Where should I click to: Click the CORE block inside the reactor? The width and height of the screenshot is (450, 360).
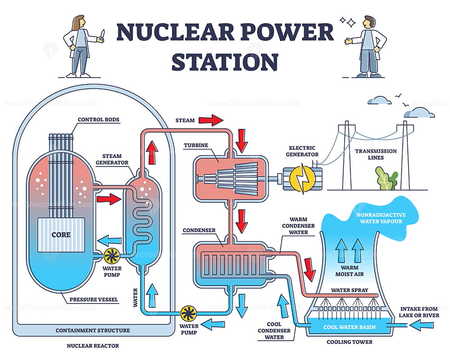pos(59,235)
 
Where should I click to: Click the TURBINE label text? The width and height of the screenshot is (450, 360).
pos(196,145)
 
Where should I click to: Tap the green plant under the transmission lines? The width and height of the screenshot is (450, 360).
pos(386,179)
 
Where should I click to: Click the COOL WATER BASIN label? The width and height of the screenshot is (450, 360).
pos(349,327)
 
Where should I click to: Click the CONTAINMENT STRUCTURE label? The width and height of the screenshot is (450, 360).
pos(93,330)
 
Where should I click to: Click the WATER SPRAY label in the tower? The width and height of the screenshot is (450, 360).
pos(346,290)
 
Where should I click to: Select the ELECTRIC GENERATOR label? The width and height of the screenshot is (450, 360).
pos(302,151)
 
